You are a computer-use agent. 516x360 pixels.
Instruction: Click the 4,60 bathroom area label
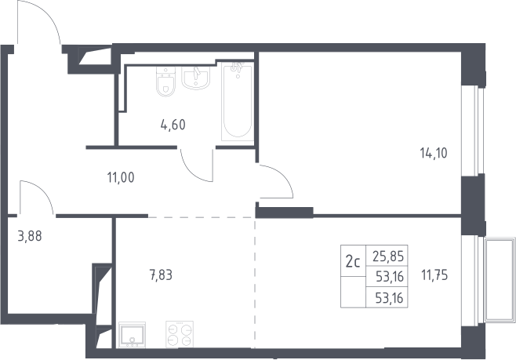[173, 125]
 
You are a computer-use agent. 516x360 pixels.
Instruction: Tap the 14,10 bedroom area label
[434, 153]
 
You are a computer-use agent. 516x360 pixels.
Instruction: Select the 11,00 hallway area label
[121, 178]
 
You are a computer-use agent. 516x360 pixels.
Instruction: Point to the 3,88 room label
[30, 236]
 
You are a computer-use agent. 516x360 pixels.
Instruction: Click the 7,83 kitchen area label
[161, 275]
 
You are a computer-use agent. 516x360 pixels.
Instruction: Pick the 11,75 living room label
[434, 275]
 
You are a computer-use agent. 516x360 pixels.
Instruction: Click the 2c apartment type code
[353, 262]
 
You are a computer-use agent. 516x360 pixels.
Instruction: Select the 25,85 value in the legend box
[388, 256]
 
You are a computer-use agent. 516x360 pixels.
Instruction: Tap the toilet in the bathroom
[166, 82]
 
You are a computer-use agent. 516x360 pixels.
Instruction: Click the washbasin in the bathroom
[196, 78]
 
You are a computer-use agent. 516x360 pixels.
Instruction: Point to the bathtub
[238, 102]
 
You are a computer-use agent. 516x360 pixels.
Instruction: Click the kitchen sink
[132, 335]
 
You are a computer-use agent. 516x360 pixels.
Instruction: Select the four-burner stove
[180, 334]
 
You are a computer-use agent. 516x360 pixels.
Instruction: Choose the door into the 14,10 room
[282, 176]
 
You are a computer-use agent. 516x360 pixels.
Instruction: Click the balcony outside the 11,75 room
[500, 280]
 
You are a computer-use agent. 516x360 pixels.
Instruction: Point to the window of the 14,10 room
[473, 130]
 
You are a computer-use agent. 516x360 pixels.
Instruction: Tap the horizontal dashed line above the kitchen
[201, 217]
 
